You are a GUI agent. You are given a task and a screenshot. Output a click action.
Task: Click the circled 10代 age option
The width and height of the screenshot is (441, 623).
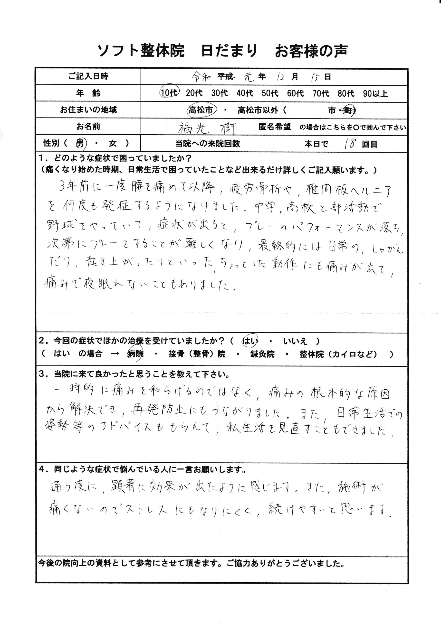pyautogui.click(x=169, y=93)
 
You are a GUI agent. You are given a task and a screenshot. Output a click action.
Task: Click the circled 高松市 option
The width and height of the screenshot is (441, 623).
pyautogui.click(x=201, y=110)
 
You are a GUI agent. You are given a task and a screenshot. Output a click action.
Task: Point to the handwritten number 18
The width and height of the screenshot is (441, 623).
pyautogui.click(x=350, y=144)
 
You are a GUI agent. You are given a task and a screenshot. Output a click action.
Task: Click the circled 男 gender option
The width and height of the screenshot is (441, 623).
pyautogui.click(x=80, y=144)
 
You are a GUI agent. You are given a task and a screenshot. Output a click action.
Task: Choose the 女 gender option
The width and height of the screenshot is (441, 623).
pyautogui.click(x=113, y=144)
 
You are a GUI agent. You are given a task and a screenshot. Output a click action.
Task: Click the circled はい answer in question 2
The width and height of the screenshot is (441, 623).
pyautogui.click(x=249, y=341)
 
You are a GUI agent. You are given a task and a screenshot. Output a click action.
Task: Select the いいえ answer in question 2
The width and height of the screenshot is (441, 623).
pyautogui.click(x=295, y=341)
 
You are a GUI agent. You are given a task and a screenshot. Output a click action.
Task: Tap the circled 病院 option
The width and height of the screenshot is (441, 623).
pyautogui.click(x=135, y=354)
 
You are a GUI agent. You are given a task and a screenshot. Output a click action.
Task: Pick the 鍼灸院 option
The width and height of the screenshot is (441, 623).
pyautogui.click(x=262, y=354)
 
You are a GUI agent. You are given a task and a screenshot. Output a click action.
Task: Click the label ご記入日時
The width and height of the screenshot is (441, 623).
pyautogui.click(x=88, y=76)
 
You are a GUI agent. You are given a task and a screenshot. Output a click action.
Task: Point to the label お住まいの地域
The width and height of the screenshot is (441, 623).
pyautogui.click(x=88, y=110)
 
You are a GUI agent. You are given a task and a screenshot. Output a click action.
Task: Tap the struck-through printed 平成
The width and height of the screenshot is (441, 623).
pyautogui.click(x=225, y=77)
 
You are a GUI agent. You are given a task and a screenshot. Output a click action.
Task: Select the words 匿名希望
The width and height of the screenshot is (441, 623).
pyautogui.click(x=274, y=127)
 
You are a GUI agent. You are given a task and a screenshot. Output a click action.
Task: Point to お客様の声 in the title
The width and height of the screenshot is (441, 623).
pyautogui.click(x=311, y=51)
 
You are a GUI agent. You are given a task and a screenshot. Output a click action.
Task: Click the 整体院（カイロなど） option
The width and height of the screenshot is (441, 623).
pyautogui.click(x=338, y=354)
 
